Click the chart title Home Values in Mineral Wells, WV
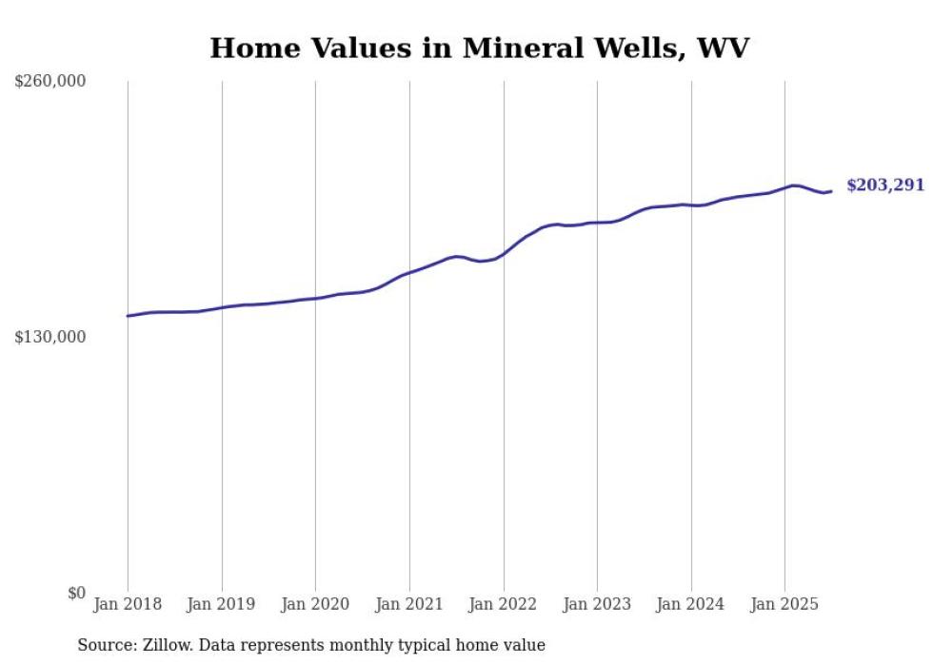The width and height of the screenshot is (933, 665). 479,48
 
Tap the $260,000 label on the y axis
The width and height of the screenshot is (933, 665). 50,81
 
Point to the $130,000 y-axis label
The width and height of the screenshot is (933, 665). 50,337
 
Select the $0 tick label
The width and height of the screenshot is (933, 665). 76,593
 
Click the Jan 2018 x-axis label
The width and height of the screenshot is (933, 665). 128,604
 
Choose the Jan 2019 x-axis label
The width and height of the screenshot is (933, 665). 222,604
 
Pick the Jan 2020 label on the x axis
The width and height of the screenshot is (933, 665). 315,604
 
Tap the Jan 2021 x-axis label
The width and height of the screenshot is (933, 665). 409,604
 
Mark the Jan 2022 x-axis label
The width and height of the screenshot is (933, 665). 504,604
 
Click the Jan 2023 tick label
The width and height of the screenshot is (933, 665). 597,604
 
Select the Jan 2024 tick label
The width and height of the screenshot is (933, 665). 691,604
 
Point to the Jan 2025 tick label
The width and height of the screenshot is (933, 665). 784,604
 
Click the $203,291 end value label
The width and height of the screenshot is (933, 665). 884,186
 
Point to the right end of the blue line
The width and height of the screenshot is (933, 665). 831,191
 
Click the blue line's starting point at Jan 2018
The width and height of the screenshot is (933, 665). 128,316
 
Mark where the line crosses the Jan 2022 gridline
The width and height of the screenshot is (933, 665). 504,254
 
